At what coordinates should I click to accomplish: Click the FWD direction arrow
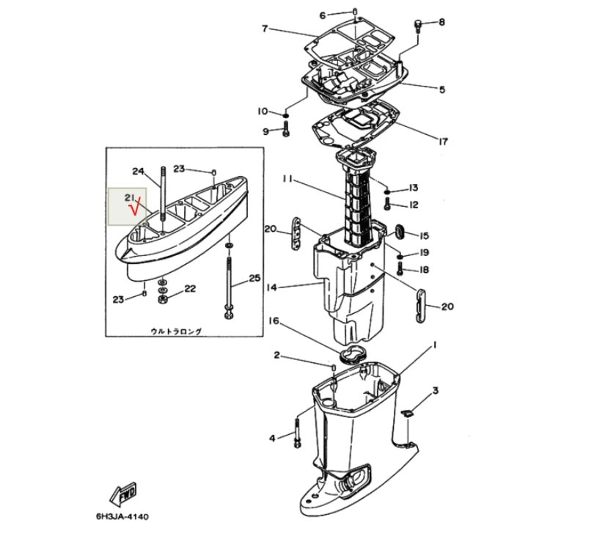[122, 494]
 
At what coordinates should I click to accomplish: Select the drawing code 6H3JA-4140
[122, 517]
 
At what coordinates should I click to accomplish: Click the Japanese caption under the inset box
[176, 331]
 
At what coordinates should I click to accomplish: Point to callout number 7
[265, 28]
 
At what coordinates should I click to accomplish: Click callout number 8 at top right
[442, 22]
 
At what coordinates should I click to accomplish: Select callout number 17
[443, 142]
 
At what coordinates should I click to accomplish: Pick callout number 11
[287, 179]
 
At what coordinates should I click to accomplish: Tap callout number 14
[271, 287]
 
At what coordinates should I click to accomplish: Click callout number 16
[274, 322]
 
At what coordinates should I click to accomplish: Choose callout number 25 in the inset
[254, 278]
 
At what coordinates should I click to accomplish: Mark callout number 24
[138, 172]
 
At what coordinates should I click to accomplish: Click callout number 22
[190, 289]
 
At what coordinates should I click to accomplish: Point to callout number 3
[435, 391]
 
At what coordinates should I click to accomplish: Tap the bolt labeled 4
[297, 433]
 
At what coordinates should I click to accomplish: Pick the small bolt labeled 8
[417, 26]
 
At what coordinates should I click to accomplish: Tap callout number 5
[442, 89]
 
